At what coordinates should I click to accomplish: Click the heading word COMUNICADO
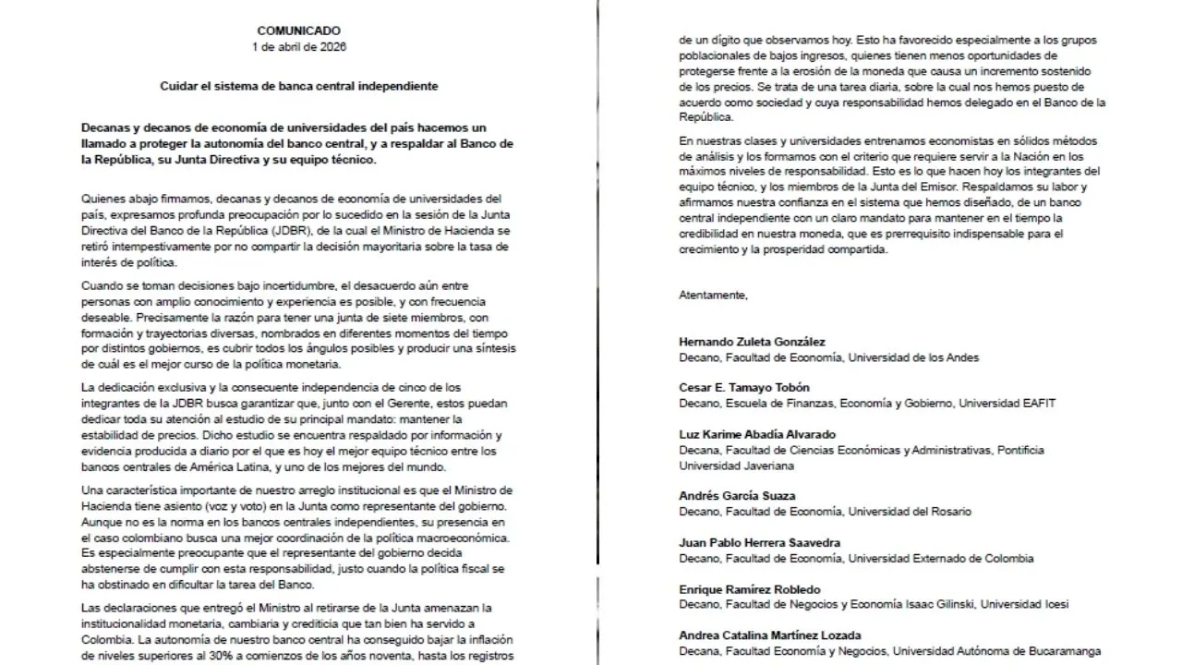298,30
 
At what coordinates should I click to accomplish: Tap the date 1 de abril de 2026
298,46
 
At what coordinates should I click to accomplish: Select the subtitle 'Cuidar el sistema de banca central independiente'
298,85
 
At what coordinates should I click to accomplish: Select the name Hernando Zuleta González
753,342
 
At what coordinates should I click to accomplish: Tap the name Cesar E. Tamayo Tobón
745,388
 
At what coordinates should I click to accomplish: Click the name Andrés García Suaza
737,496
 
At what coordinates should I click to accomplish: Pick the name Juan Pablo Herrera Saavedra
759,542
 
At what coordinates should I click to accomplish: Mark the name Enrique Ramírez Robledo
749,589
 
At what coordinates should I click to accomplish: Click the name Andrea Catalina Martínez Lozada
770,635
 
